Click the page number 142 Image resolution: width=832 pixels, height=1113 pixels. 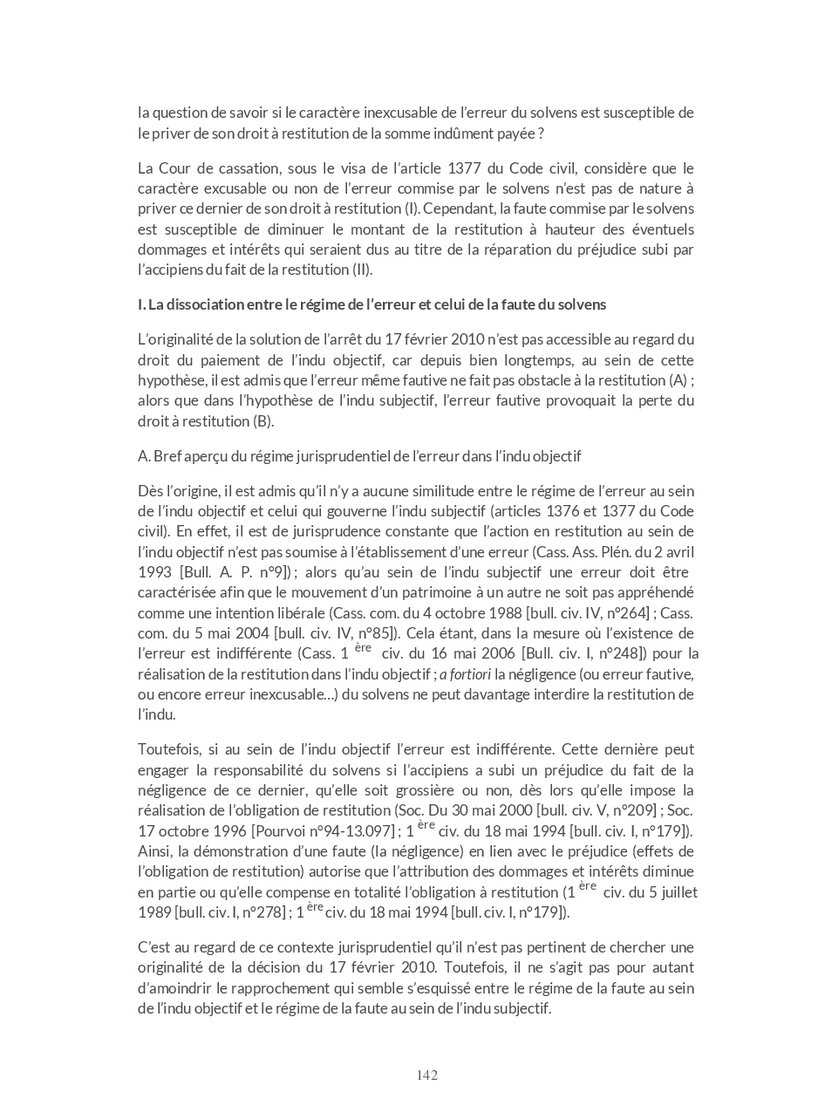pos(426,1075)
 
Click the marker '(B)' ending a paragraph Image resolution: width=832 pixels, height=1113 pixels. pos(263,421)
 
